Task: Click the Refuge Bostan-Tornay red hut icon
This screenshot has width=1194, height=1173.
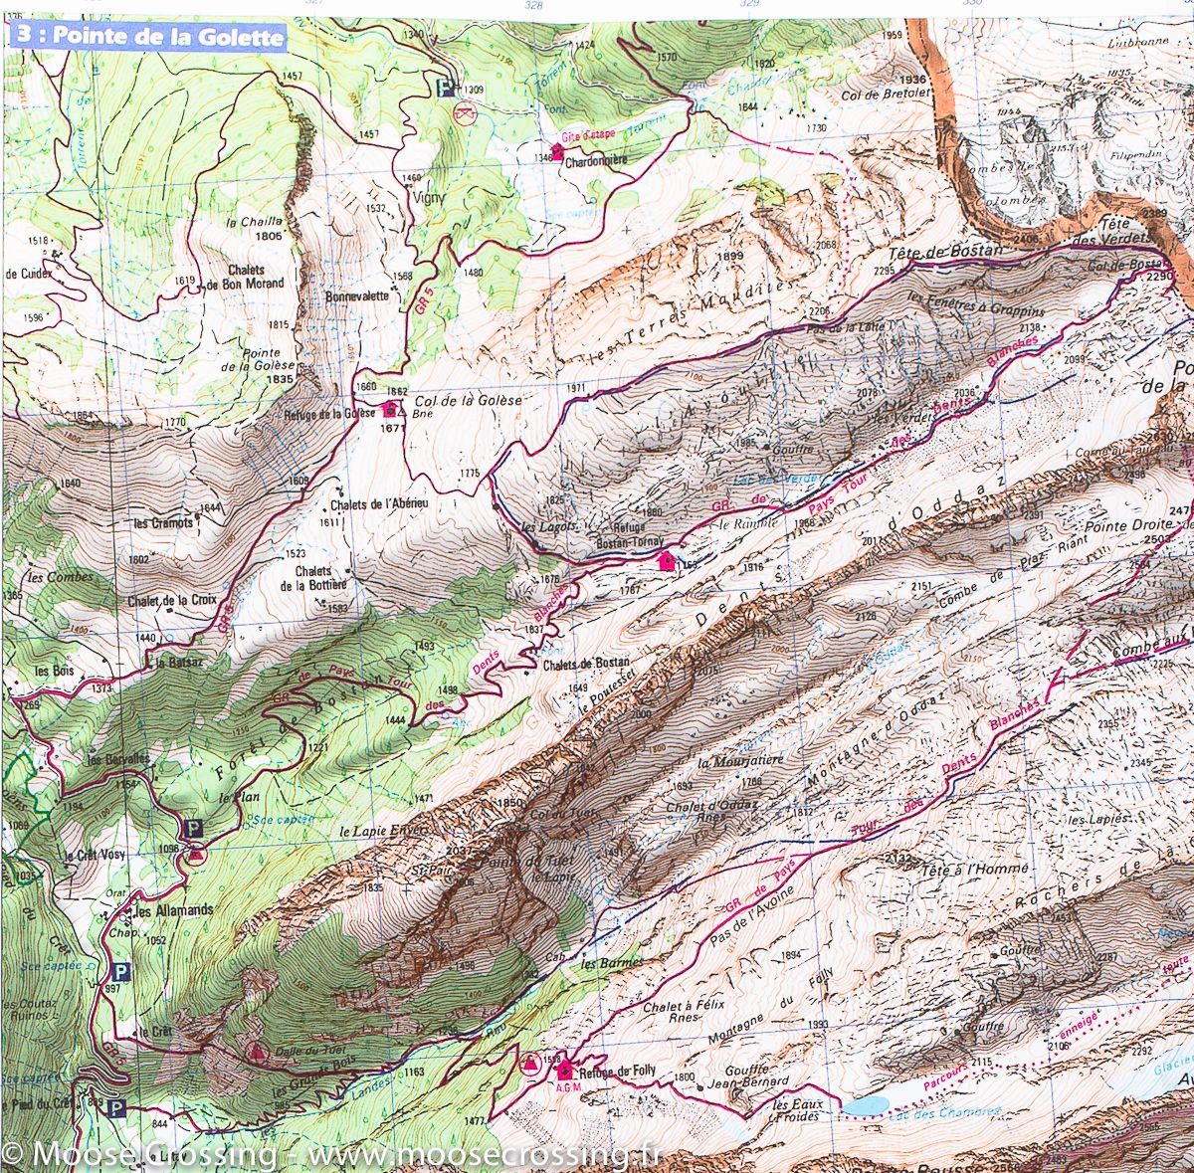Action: (x=667, y=561)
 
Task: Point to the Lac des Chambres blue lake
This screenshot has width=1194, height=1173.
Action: (x=866, y=1105)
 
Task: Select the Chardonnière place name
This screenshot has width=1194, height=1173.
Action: (x=596, y=166)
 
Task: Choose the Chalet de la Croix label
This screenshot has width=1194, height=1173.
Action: (x=172, y=601)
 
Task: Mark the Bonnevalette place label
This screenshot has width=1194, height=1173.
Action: (x=356, y=296)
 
